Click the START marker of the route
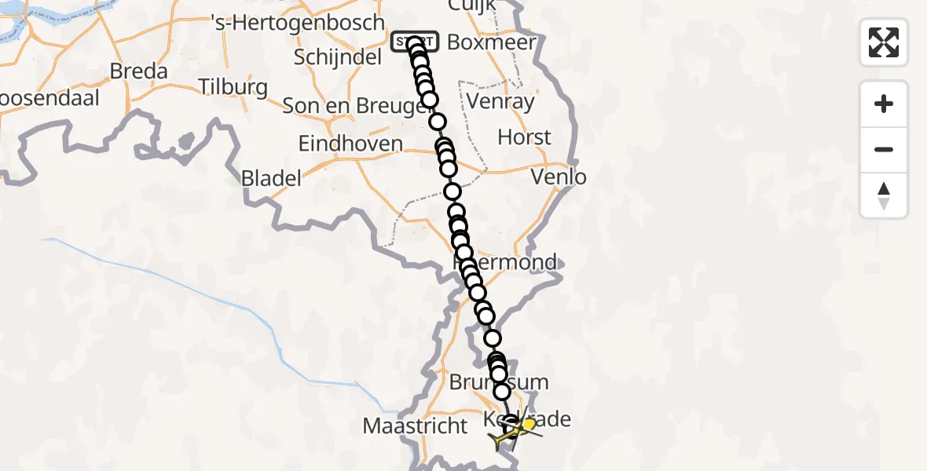click(x=414, y=41)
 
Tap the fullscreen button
click(x=884, y=42)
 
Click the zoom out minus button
click(x=884, y=149)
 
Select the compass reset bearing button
click(x=884, y=195)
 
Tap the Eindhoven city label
click(x=350, y=144)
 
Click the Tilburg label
click(x=233, y=86)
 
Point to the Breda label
click(x=139, y=71)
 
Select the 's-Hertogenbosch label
click(x=299, y=23)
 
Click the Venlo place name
click(x=559, y=177)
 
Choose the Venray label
click(x=500, y=101)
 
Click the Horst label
click(x=525, y=137)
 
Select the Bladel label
click(x=271, y=179)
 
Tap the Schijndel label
click(x=339, y=57)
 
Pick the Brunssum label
click(x=499, y=383)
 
